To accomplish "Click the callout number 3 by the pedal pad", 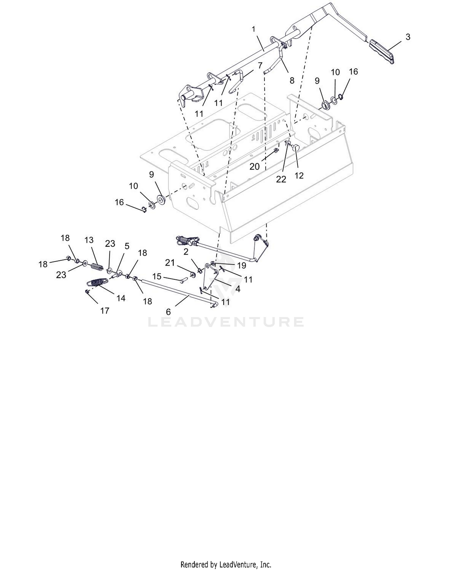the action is click(408, 37).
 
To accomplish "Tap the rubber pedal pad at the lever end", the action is click(382, 52).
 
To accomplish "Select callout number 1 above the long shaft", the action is click(253, 29).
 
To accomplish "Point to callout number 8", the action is click(292, 80).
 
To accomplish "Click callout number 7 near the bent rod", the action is click(260, 65).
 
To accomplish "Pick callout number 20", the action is click(255, 166).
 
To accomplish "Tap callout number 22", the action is click(281, 179).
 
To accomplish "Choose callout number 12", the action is click(299, 175).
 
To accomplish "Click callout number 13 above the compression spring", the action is click(89, 240).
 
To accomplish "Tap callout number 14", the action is click(121, 298).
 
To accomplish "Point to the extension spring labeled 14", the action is click(97, 282).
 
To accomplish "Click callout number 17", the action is click(105, 311).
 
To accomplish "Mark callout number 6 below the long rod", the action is click(168, 312).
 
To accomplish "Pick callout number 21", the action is click(170, 263).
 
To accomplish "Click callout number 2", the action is click(186, 252).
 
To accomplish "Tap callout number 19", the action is click(241, 265).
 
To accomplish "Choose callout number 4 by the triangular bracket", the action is click(238, 289).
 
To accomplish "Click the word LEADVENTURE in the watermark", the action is click(226, 322).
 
